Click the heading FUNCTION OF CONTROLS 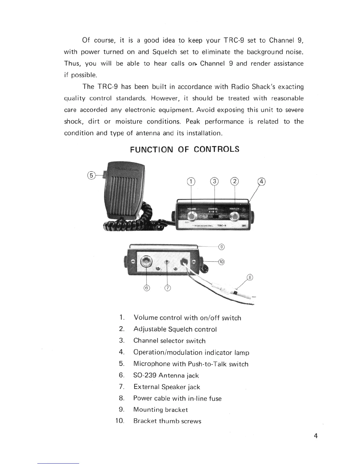point(185,149)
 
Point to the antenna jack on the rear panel point(146,261)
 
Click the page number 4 point(316,436)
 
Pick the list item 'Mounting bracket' point(160,410)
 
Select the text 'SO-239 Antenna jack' point(166,375)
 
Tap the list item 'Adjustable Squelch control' point(175,329)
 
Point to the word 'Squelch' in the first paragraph point(164,52)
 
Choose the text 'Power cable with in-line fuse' point(177,398)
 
